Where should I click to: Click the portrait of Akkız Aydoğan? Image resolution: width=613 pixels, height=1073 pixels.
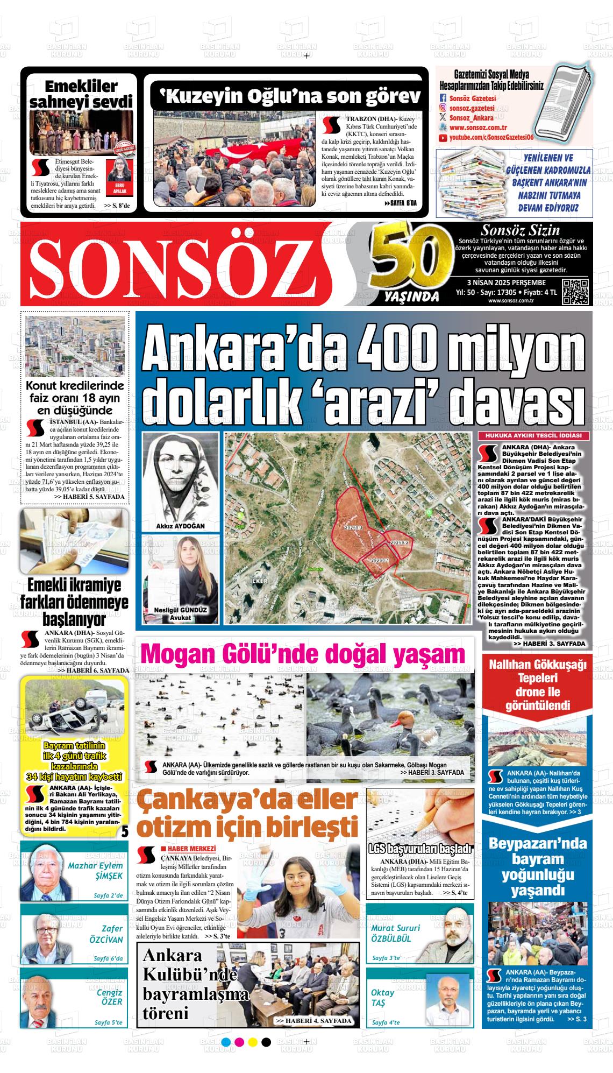[x=181, y=477]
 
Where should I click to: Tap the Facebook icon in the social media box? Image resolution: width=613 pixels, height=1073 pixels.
[x=443, y=98]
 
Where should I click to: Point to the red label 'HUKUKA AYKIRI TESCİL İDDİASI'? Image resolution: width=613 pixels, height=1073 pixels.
[x=533, y=435]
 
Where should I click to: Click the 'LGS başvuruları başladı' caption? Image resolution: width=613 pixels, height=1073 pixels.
[x=419, y=850]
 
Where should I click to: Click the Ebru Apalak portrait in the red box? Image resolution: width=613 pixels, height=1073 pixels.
[x=119, y=171]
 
